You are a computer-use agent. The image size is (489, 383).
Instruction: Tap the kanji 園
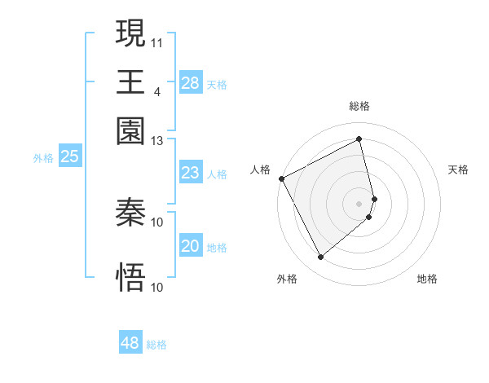130,130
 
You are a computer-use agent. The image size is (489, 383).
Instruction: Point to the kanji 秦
130,214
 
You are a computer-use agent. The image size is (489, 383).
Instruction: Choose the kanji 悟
130,277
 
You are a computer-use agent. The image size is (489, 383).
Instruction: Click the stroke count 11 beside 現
157,41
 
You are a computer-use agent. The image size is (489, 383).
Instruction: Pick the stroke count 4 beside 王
156,90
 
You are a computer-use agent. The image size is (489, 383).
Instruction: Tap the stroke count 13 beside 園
157,140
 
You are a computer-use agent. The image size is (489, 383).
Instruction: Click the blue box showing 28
191,83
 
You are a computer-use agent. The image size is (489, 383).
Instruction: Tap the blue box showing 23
191,173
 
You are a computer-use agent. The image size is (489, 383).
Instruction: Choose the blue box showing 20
191,246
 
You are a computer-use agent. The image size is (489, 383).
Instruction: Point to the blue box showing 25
69,157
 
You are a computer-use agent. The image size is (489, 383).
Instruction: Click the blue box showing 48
130,343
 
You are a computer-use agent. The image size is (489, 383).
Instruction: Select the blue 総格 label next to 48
156,345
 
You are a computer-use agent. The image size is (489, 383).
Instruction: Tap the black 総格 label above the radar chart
359,106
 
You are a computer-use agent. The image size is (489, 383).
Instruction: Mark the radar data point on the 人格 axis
281,178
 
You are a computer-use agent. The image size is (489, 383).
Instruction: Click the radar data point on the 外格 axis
320,258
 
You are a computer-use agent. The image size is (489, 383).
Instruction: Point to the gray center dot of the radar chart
359,203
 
